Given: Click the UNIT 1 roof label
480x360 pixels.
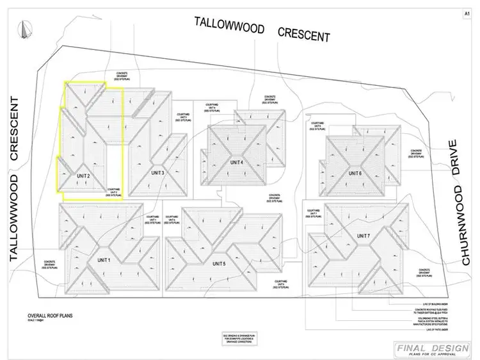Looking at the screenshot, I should point(104,260).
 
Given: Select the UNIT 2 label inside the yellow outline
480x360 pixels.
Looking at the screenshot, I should point(83,175).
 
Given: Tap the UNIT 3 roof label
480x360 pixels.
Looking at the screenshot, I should point(158,173).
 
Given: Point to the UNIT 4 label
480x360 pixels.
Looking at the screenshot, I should point(237,163).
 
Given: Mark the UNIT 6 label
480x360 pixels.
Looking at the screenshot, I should point(355,173).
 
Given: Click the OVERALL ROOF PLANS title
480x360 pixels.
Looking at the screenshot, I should point(52,316).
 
